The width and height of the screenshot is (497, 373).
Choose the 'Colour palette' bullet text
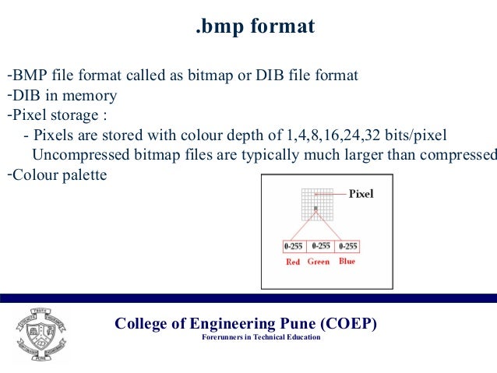(58, 175)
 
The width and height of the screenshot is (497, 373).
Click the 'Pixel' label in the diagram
(360, 194)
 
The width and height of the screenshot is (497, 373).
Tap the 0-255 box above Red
(294, 246)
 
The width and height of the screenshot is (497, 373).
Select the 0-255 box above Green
(320, 246)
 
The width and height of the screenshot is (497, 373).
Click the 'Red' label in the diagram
(293, 262)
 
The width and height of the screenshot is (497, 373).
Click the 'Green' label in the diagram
(319, 262)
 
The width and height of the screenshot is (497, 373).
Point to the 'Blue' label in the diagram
(347, 262)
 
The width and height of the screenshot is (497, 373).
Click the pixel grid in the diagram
(316, 206)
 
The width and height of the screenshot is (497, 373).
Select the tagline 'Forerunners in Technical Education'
(260, 338)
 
